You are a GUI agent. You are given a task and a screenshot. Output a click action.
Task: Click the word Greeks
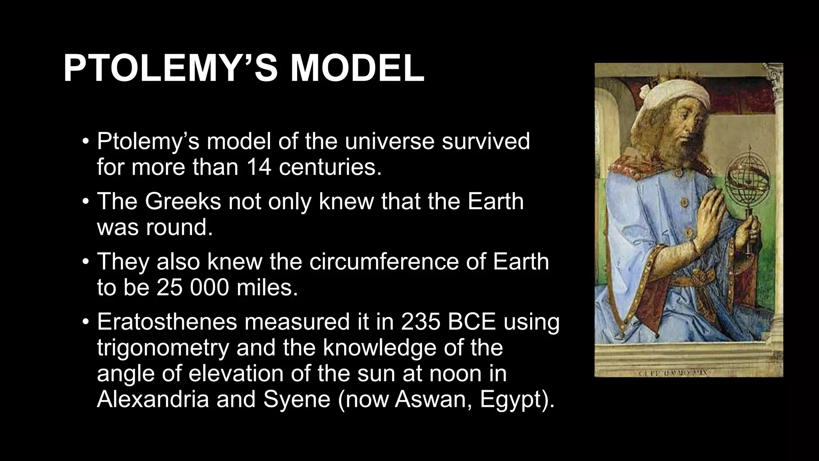(x=183, y=201)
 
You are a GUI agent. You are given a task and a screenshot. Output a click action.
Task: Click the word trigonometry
(x=163, y=347)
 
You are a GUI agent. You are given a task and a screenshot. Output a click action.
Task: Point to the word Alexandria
(x=153, y=399)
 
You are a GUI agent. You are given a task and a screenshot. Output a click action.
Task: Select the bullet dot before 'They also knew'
(x=85, y=262)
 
